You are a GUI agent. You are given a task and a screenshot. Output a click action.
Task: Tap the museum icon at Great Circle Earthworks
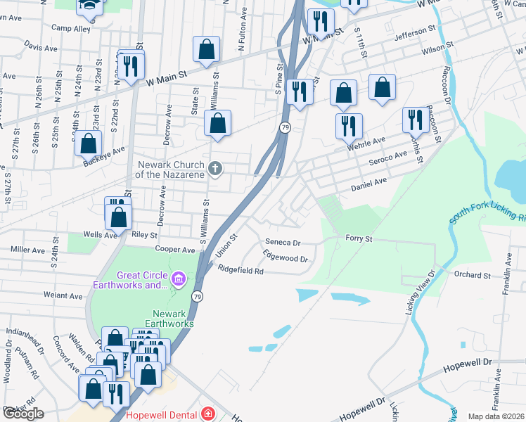tap(179, 280)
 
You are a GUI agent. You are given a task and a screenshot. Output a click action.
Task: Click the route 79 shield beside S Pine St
tap(285, 127)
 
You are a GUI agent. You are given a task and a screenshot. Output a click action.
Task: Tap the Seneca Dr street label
tap(283, 243)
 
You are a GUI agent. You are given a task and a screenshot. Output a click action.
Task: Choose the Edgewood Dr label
tap(286, 256)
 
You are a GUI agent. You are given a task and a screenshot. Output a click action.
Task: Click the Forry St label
tap(358, 239)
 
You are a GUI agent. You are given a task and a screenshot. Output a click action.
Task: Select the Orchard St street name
tap(472, 274)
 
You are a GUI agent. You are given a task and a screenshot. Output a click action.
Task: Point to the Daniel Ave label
tap(369, 185)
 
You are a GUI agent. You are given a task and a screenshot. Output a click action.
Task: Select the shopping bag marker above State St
tap(206, 49)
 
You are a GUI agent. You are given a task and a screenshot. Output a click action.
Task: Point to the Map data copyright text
tap(496, 416)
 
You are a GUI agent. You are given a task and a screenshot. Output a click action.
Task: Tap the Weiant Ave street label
tap(63, 296)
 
